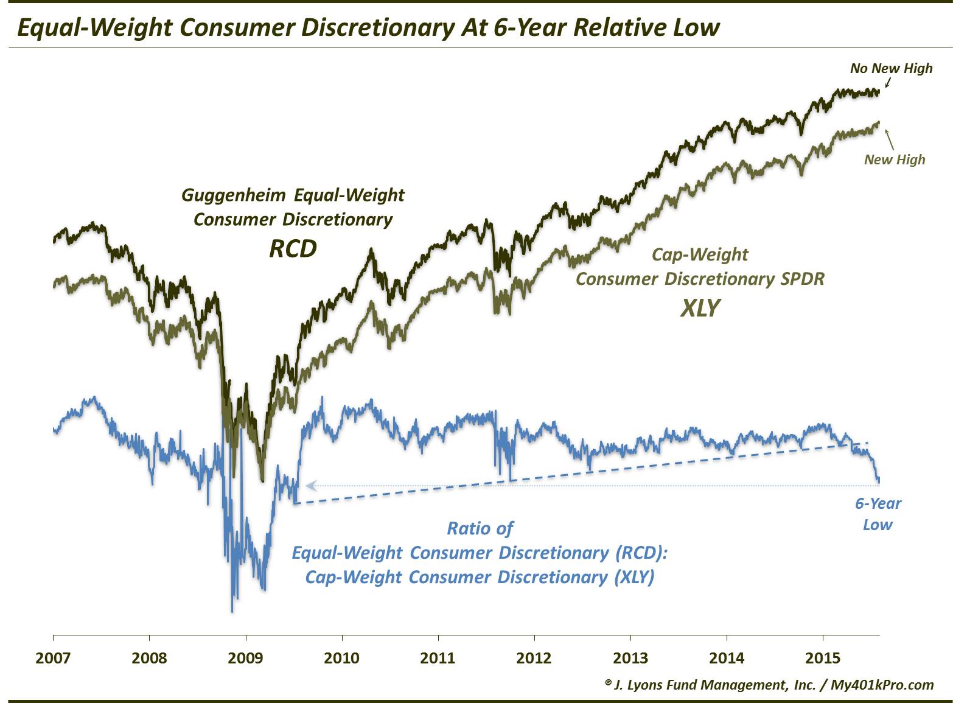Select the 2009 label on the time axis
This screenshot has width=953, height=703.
click(245, 658)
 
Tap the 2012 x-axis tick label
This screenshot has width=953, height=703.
click(534, 658)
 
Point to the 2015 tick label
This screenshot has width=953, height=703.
click(823, 658)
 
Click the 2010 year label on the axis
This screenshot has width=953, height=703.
click(341, 658)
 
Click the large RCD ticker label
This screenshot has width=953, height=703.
click(293, 248)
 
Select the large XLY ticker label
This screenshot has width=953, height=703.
click(700, 308)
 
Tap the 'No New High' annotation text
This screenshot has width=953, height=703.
click(891, 68)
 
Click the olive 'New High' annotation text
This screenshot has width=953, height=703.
click(894, 159)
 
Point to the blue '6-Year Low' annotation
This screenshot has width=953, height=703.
click(878, 514)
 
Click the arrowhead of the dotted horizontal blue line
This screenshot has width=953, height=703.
click(310, 485)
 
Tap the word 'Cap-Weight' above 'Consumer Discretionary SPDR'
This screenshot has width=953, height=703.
click(700, 254)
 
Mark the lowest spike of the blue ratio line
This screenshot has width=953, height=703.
click(232, 610)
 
